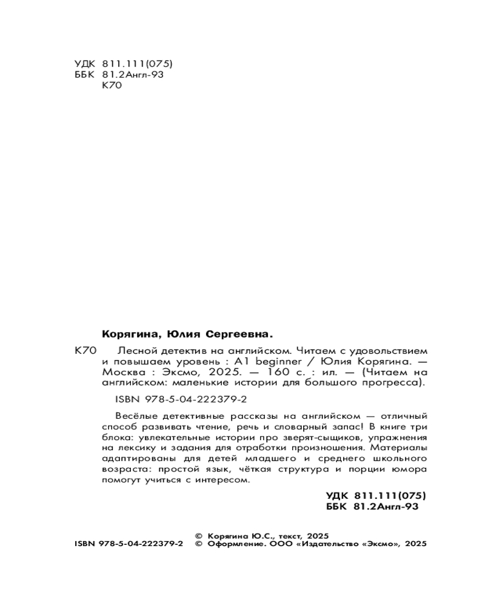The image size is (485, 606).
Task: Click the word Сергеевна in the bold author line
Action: point(237,333)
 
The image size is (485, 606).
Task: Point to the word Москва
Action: point(120,373)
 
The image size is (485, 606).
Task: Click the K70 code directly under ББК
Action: point(113,87)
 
